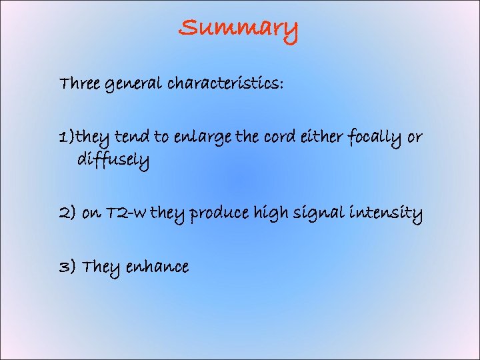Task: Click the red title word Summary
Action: point(238,29)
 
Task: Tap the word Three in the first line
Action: point(79,84)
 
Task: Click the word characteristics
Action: point(225,84)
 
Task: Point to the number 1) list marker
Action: point(66,137)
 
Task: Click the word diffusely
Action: point(113,161)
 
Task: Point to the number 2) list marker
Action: point(67,214)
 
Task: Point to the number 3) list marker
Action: point(67,267)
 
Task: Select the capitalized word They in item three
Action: point(99,267)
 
